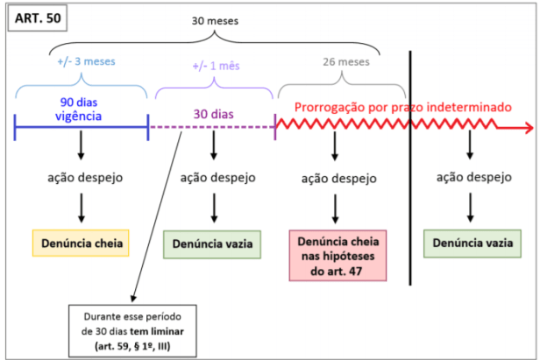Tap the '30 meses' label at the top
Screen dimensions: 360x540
[x=215, y=20]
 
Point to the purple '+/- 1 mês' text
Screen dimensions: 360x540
[x=215, y=67]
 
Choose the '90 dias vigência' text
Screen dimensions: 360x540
[x=80, y=108]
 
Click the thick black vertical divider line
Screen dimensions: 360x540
[x=411, y=166]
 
